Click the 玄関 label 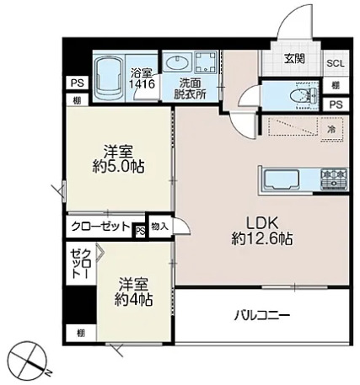click(294, 58)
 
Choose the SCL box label click(335, 64)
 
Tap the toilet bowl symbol click(294, 95)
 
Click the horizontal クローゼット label click(100, 227)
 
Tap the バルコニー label click(261, 317)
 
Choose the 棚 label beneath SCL click(335, 86)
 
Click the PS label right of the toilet click(335, 104)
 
